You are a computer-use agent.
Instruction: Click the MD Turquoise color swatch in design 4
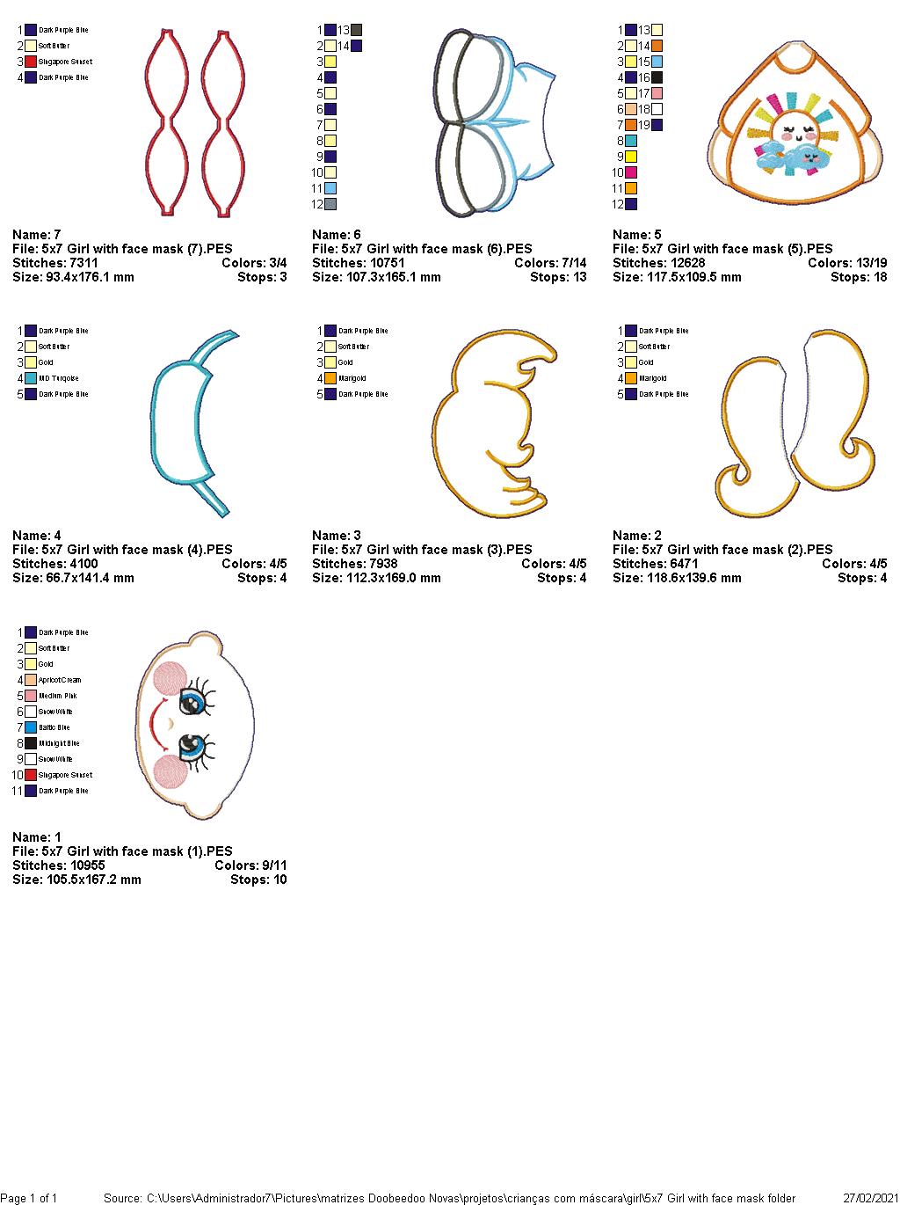(x=31, y=378)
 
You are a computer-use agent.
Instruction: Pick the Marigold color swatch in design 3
(x=330, y=378)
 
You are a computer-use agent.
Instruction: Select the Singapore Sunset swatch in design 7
(x=31, y=62)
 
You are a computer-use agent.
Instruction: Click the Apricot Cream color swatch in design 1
(x=31, y=680)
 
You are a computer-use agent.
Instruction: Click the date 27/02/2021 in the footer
(x=869, y=1198)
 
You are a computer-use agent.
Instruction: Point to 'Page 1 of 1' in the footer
(x=29, y=1198)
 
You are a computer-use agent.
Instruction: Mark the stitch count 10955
(x=88, y=865)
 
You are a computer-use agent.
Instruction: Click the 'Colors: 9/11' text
(x=250, y=865)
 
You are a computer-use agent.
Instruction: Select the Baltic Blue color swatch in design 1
(x=31, y=727)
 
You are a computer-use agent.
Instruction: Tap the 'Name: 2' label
(x=637, y=536)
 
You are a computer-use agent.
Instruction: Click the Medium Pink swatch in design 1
(x=31, y=696)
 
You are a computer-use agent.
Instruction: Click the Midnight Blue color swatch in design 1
(x=31, y=743)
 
